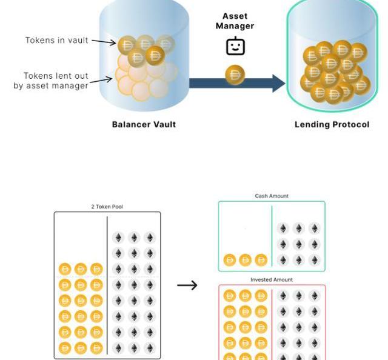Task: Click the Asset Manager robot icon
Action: click(235, 46)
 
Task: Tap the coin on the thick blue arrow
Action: click(235, 75)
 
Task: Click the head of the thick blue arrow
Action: click(278, 83)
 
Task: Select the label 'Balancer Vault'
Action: click(144, 124)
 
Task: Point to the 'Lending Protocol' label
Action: click(332, 124)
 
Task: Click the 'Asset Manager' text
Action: click(235, 21)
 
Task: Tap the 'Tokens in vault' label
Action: click(56, 41)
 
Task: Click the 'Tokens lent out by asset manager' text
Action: click(52, 81)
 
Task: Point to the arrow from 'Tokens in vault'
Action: click(104, 42)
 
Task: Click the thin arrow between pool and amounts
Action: click(187, 285)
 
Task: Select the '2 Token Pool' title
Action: click(107, 207)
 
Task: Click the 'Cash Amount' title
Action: click(272, 196)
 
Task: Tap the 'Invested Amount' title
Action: click(272, 279)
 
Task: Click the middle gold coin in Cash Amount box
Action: click(246, 260)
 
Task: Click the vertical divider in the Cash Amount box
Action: click(272, 237)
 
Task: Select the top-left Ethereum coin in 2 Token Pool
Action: click(118, 238)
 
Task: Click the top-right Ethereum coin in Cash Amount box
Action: click(314, 228)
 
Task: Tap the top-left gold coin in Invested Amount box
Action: click(230, 296)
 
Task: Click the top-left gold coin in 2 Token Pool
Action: click(65, 269)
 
